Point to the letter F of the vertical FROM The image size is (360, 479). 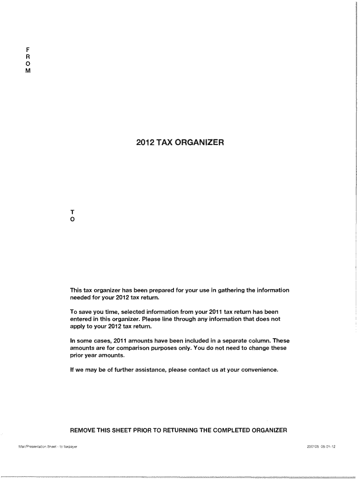[x=28, y=48]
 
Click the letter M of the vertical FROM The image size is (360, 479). [x=28, y=71]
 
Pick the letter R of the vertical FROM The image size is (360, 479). [x=28, y=56]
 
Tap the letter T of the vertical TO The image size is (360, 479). [x=72, y=211]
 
